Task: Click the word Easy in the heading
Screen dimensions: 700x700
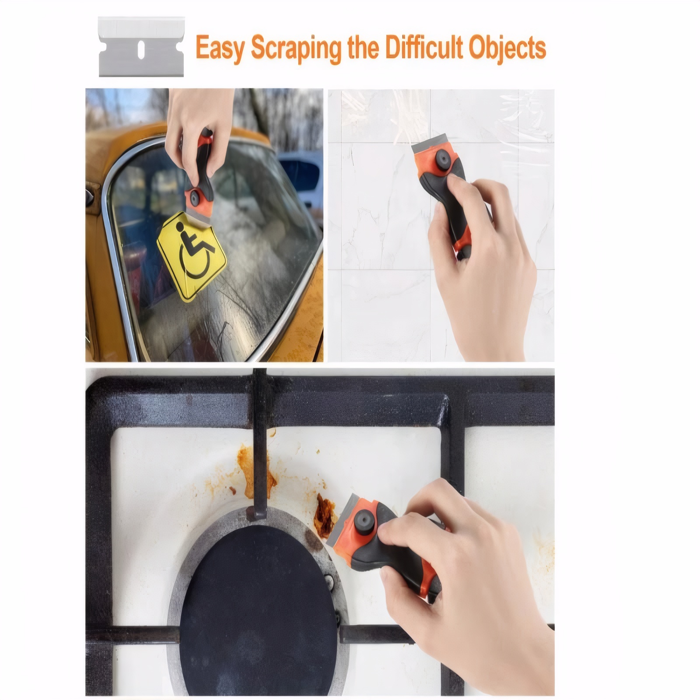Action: pos(220,48)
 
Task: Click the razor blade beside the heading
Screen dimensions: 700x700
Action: pos(141,47)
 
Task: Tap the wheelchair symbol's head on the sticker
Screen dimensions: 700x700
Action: pos(179,226)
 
